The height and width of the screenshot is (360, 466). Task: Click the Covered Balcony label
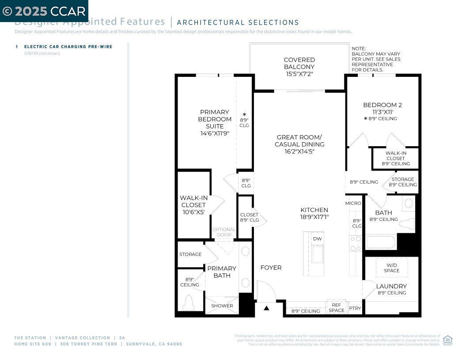coord(299,67)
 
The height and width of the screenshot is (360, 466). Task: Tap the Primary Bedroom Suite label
coord(215,122)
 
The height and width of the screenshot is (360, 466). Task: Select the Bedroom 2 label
coord(382,108)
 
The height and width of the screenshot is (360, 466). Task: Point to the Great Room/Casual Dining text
coord(299,144)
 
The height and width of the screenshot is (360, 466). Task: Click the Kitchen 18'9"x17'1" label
coord(314,213)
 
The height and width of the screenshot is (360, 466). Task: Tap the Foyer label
coord(271,268)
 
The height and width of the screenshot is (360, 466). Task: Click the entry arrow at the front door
coord(266,308)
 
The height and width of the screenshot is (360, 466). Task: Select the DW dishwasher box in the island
coord(317,239)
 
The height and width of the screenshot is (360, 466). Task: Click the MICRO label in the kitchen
coord(353,203)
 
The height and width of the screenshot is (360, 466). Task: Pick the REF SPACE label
coord(336,307)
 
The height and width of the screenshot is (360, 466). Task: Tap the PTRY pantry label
coord(355,308)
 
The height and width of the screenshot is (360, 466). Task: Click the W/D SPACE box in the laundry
coord(391,268)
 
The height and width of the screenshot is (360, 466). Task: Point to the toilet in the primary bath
coord(189,303)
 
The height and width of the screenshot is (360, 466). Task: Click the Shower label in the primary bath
coord(222,306)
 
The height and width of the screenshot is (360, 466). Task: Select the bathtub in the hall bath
coord(381,242)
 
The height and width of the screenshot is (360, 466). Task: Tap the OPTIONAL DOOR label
coord(224,232)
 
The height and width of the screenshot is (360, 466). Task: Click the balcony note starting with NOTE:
coord(375,59)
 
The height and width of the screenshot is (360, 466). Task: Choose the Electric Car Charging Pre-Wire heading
coord(68,46)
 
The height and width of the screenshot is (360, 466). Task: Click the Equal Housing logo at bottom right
coord(447,340)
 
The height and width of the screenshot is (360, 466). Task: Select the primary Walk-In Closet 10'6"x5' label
coord(193,205)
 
